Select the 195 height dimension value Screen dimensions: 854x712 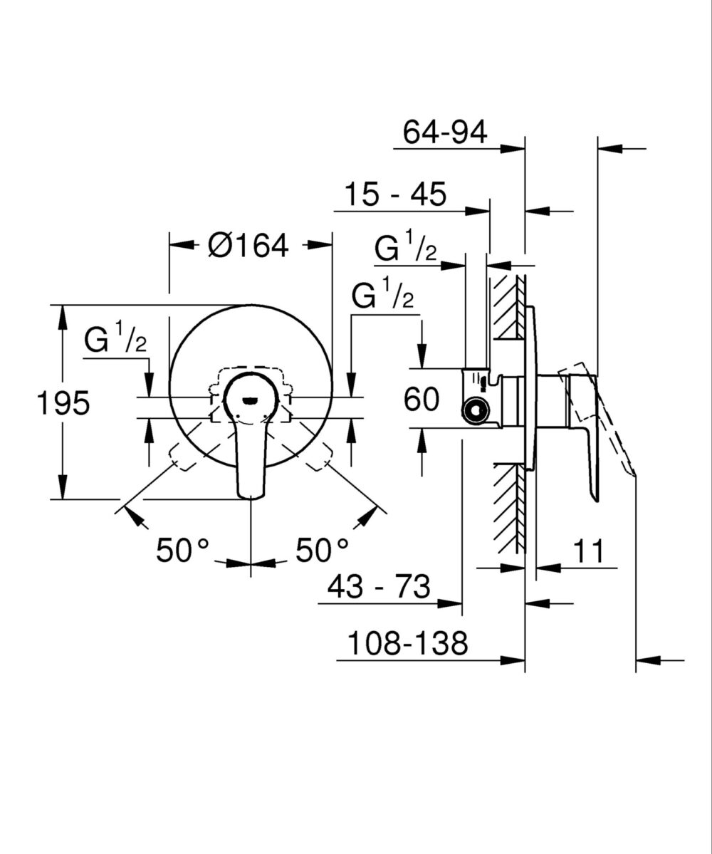[x=63, y=403]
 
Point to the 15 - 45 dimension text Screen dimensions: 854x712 [x=395, y=194]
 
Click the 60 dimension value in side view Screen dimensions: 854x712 [x=421, y=400]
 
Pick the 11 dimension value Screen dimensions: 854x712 [x=587, y=551]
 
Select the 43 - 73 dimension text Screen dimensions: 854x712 [x=379, y=588]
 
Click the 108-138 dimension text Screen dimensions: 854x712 [x=408, y=645]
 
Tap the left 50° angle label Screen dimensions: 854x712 [x=183, y=551]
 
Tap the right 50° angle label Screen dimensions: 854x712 [x=323, y=551]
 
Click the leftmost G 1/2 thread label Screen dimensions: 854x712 [x=115, y=340]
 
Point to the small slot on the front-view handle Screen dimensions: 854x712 [x=251, y=400]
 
